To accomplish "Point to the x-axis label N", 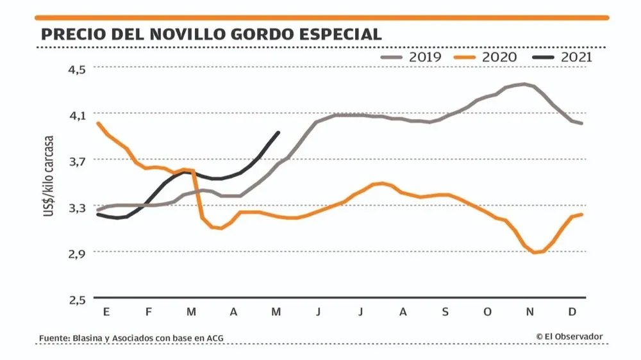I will click(529, 312).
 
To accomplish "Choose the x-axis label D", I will click(572, 312).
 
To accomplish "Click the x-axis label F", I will click(148, 312).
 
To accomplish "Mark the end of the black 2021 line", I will click(278, 133).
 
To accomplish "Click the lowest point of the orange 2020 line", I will click(534, 252).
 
